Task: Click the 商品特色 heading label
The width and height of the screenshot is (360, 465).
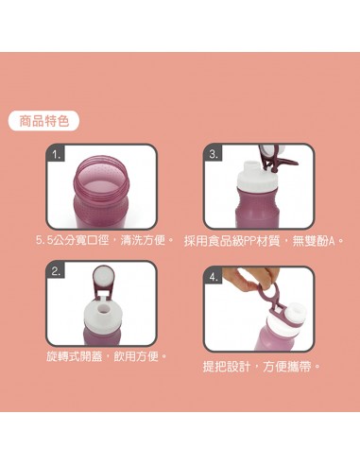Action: [43, 121]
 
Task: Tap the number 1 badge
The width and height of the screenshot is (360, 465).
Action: [58, 153]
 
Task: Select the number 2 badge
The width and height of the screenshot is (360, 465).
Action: [58, 271]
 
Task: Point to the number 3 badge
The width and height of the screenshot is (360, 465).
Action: [214, 153]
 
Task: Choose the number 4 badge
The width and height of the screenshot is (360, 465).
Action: [214, 277]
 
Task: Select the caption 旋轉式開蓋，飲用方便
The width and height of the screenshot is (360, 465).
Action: [106, 356]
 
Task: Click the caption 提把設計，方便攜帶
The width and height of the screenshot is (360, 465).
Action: [262, 366]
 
